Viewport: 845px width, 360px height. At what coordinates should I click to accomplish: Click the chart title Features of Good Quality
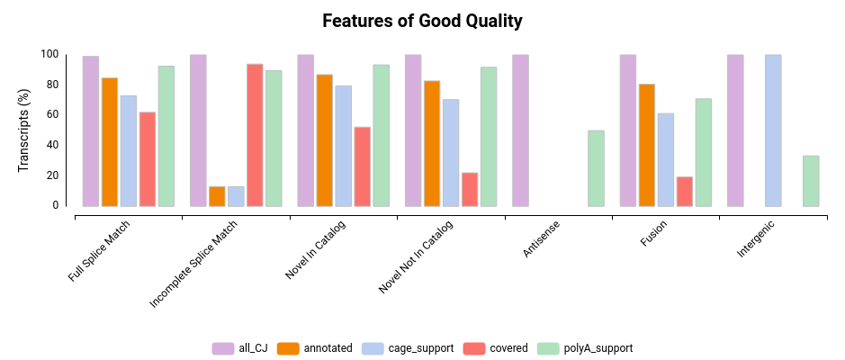click(422, 21)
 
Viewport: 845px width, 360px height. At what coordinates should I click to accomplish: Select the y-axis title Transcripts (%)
click(24, 131)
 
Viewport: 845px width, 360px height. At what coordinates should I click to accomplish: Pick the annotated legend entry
click(315, 348)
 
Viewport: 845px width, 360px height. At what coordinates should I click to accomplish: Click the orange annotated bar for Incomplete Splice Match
click(217, 196)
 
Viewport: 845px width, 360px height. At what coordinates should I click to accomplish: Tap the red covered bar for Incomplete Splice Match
click(255, 135)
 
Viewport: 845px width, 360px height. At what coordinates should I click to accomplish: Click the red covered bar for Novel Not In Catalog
click(470, 189)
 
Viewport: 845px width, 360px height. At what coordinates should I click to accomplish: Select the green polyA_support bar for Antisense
click(596, 168)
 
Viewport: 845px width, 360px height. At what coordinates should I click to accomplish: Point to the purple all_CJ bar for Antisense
click(520, 130)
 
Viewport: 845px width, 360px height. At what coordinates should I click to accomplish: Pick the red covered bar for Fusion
click(685, 191)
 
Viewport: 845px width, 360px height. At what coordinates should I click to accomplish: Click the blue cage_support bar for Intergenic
click(773, 130)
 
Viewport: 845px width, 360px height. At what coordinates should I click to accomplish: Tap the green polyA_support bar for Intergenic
click(811, 181)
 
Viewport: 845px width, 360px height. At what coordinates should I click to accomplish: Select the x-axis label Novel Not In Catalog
click(417, 257)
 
